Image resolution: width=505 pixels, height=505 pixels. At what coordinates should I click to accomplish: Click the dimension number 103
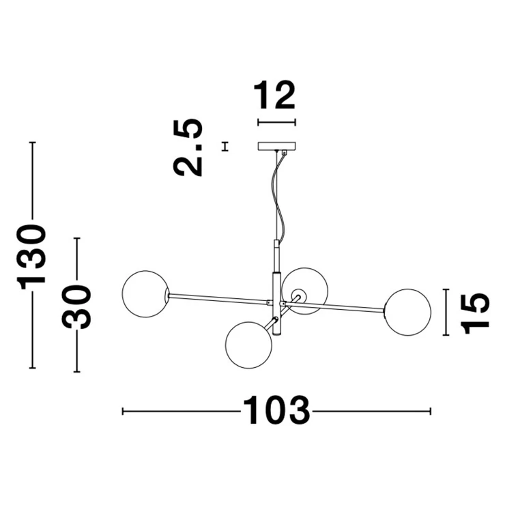pos(276,411)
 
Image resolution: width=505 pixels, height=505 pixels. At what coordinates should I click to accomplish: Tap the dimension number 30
pos(76,307)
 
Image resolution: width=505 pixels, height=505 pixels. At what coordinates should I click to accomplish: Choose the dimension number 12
pos(274,95)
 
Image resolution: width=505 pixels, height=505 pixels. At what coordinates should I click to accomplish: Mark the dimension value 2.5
pos(188,147)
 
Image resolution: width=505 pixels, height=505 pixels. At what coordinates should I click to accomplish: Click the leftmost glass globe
pos(145,294)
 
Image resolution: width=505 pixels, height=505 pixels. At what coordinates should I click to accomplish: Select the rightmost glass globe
pos(407,313)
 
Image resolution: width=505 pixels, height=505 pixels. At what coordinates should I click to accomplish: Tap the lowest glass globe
pos(248,345)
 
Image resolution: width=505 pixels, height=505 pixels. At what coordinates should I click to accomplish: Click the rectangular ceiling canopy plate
pos(276,147)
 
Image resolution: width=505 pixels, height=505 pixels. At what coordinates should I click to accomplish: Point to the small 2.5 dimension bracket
pos(225,147)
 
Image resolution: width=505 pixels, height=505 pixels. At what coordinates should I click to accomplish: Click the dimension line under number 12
pos(276,122)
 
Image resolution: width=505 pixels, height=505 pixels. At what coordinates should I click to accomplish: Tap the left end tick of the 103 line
pos(123,412)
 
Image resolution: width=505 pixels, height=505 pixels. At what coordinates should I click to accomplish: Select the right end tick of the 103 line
pos(431,412)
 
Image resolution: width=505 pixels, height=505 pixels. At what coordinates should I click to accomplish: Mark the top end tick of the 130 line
pos(32,143)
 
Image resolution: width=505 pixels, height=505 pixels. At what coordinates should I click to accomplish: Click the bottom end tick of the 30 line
pos(76,372)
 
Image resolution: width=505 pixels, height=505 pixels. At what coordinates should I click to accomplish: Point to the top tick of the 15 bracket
pos(446,289)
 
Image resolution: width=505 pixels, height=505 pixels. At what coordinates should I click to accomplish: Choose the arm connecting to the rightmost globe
pos(333,306)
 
